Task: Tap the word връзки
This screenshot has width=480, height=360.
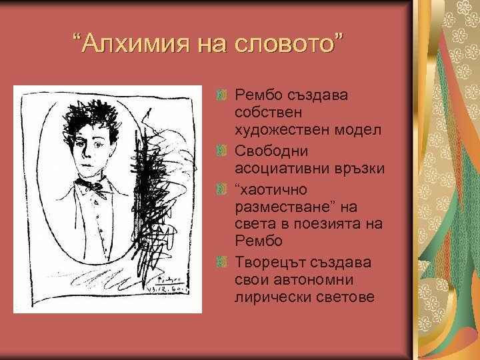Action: [x=360, y=168]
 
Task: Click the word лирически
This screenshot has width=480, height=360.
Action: [x=267, y=297]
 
